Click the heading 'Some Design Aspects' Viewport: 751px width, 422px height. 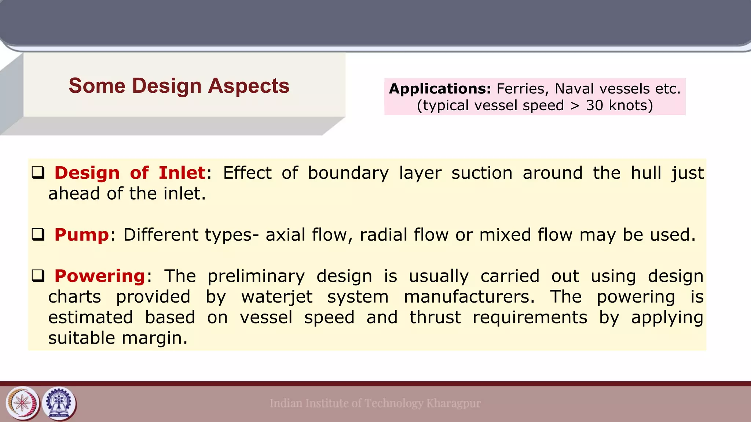[179, 86]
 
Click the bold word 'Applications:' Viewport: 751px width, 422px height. [440, 89]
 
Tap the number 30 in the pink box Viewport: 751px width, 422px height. [594, 105]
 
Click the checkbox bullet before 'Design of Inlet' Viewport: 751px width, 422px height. [38, 172]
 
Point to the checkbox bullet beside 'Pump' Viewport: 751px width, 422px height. [38, 234]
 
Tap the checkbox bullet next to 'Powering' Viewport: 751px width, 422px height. [38, 275]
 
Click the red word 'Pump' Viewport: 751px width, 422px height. [82, 235]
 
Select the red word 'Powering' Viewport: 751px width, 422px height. [100, 276]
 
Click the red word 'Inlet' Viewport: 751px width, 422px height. [182, 173]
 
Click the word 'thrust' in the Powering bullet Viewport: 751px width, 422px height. [435, 318]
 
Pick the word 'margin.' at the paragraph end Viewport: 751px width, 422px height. [154, 338]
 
